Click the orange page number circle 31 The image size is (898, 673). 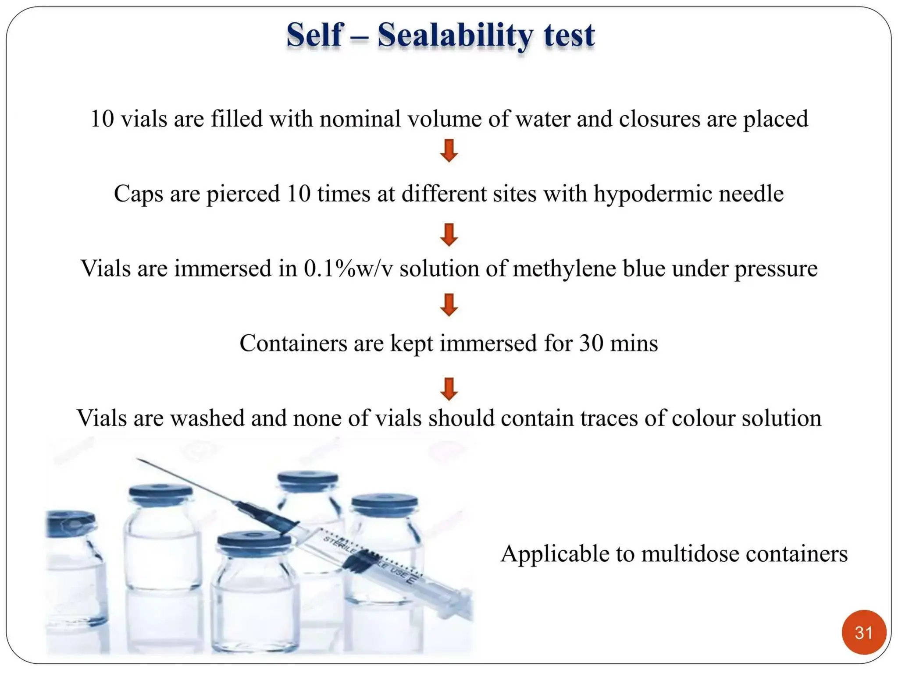(x=863, y=632)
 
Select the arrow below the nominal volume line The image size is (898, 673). (x=449, y=150)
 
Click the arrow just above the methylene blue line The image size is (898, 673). (x=449, y=234)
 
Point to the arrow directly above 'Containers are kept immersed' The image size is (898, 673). (x=449, y=305)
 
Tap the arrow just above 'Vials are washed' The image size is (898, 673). (x=449, y=389)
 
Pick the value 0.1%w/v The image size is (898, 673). (x=349, y=269)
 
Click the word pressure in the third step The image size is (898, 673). (x=776, y=269)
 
